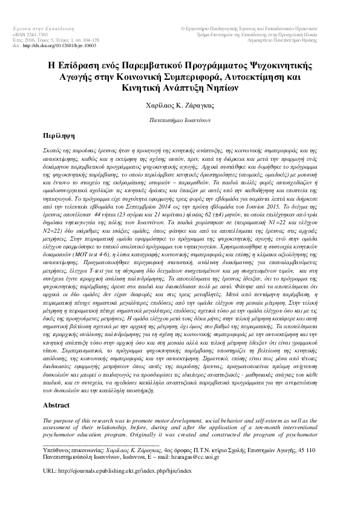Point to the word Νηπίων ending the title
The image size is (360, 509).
tap(221, 88)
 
